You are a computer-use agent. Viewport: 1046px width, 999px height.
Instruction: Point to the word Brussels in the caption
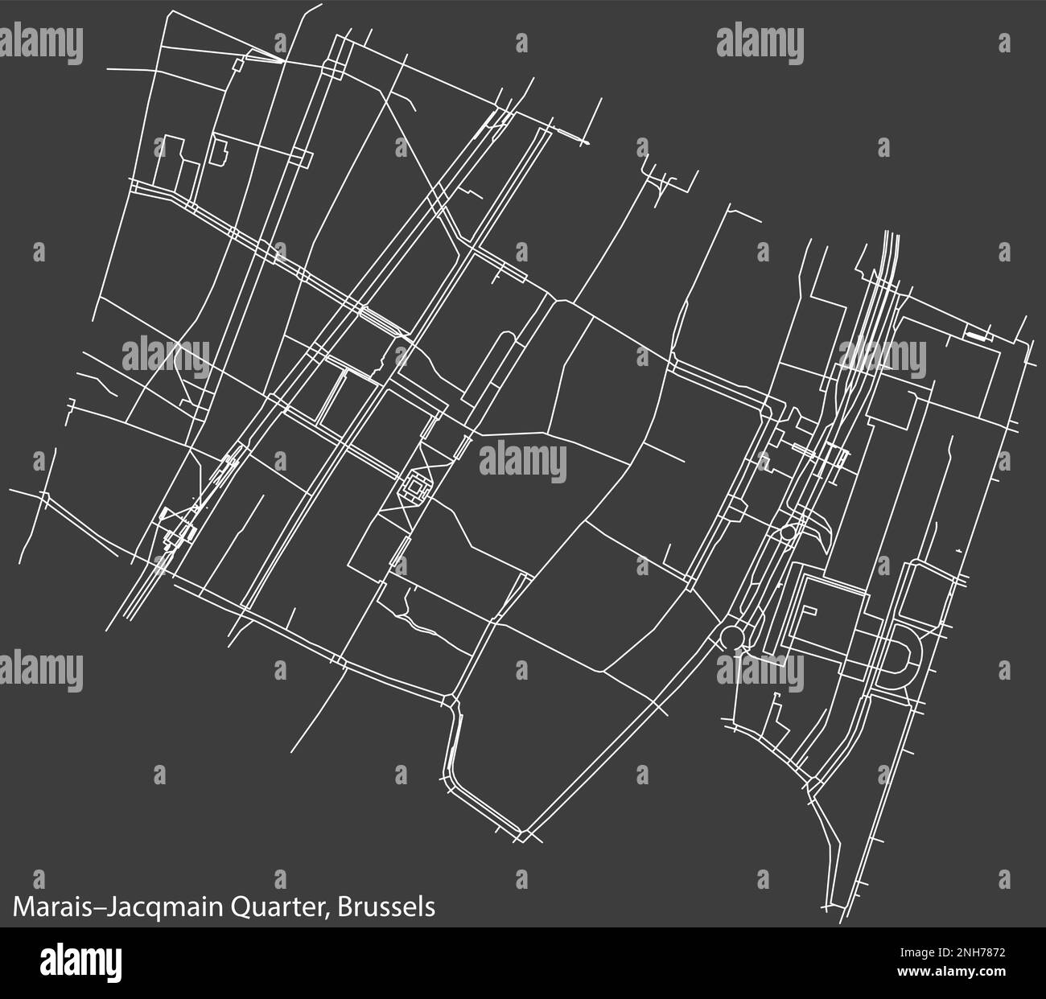coord(387,906)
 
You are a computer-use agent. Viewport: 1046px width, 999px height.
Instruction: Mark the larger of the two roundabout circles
coord(733,636)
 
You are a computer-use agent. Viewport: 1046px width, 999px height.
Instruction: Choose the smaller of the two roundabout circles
coord(788,532)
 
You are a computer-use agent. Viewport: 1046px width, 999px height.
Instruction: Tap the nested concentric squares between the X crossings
coord(415,487)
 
